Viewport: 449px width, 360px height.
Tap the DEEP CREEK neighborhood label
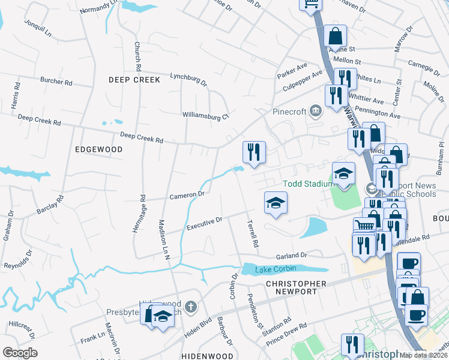click(134, 80)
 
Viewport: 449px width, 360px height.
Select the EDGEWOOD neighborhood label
click(99, 149)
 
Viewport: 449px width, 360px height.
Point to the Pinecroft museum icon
click(316, 111)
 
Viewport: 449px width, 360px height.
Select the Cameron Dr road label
click(187, 195)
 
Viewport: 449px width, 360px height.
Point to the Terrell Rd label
click(253, 234)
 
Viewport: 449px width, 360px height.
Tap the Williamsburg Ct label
click(206, 115)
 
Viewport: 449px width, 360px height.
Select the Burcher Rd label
click(56, 80)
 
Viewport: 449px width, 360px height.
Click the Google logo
click(20, 353)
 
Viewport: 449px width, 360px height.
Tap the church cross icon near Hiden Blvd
click(191, 308)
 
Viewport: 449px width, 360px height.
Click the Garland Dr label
click(292, 255)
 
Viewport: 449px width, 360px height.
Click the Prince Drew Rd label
click(286, 334)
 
